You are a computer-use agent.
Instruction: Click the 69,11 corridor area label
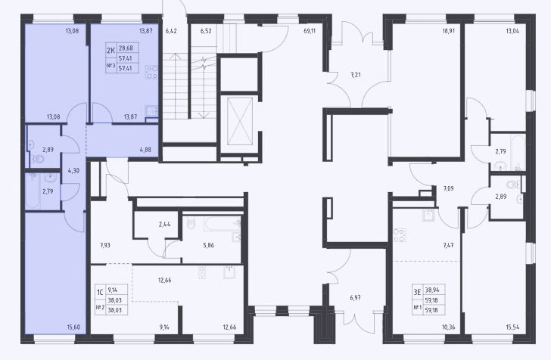click(310, 31)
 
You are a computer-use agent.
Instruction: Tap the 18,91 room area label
click(449, 31)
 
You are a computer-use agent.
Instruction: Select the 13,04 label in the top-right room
click(512, 31)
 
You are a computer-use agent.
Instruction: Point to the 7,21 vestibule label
click(356, 75)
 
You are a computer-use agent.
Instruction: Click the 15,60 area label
click(73, 327)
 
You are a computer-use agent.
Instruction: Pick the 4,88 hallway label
click(145, 150)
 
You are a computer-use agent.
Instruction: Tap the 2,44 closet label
click(164, 224)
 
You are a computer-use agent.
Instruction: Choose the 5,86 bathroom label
click(208, 246)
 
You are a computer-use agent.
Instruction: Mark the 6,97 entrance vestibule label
click(355, 298)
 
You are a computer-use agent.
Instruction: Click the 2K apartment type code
click(111, 51)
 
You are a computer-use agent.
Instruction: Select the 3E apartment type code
click(417, 292)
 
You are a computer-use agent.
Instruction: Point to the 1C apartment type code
click(100, 292)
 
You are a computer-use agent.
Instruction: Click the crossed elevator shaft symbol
click(240, 122)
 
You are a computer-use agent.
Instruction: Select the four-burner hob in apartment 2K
click(152, 73)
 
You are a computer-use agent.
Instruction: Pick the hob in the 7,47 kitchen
click(400, 235)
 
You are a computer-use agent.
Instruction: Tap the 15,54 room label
click(512, 327)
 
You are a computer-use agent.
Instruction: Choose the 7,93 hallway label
click(104, 246)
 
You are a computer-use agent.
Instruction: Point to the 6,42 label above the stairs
click(171, 31)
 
